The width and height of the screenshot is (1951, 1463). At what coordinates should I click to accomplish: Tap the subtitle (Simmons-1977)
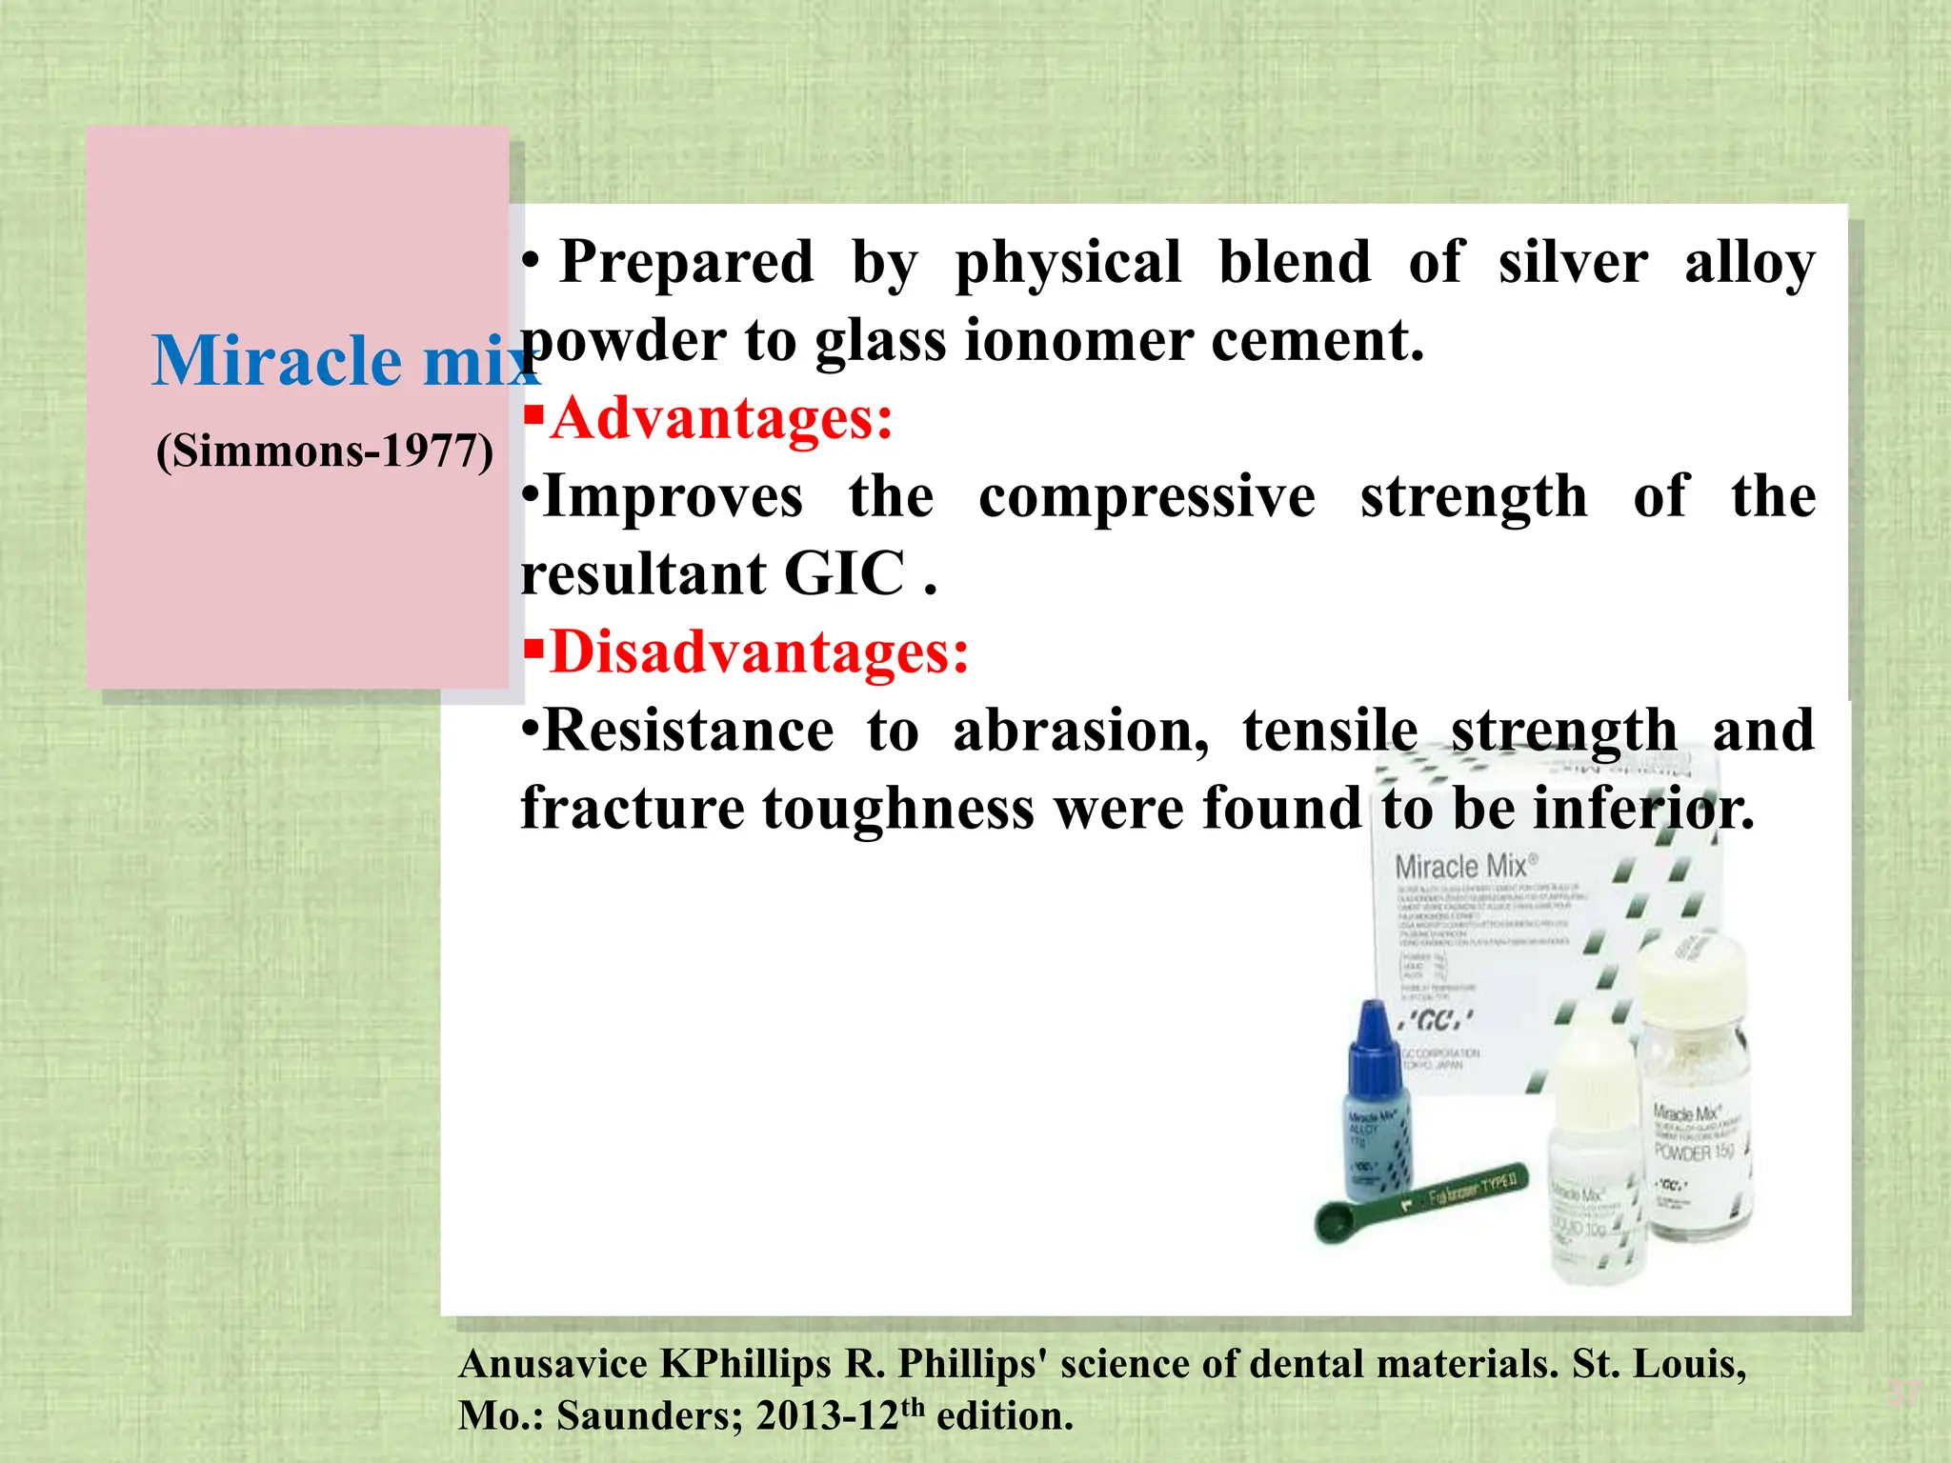coord(325,451)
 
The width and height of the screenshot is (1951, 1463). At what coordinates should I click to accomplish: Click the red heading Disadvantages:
coord(758,653)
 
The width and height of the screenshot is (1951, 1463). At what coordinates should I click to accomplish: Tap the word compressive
coord(1147,497)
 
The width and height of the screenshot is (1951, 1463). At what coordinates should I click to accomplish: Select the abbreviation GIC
coord(844,574)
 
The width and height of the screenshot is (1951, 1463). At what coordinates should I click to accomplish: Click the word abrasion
coord(1081,731)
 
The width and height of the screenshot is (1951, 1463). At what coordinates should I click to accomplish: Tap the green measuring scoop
coord(1419,1206)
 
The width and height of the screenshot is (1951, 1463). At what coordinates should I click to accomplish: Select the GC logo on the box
coord(1438,1021)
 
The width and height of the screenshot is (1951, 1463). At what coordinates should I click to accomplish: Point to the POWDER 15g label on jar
coord(1695,1153)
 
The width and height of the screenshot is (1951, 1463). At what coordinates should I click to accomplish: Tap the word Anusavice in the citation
coord(553,1365)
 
